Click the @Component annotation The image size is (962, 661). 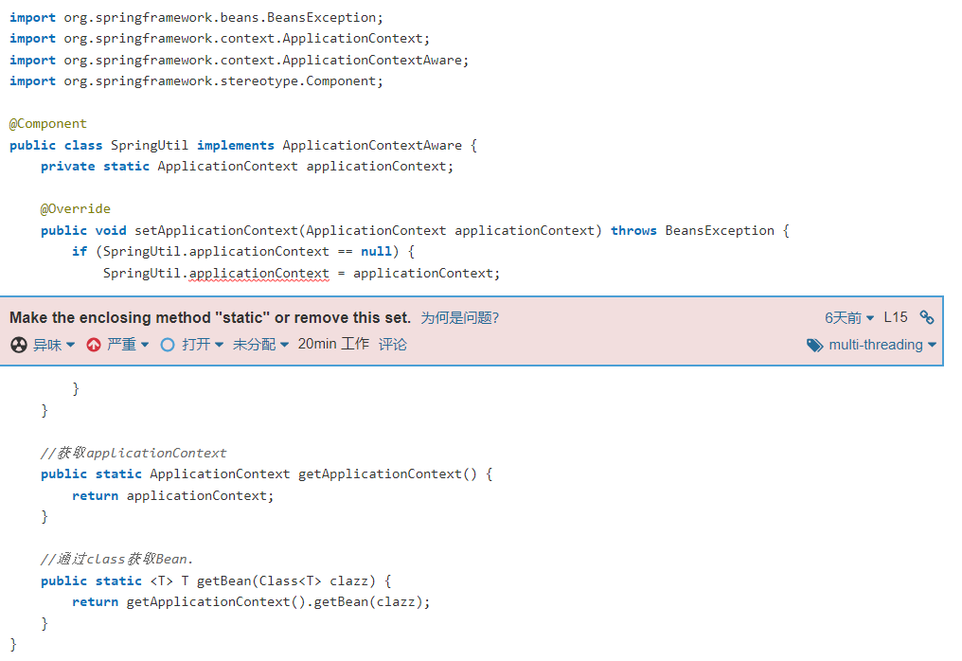click(x=48, y=124)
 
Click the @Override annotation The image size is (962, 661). click(x=76, y=209)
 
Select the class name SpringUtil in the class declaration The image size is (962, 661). click(x=150, y=146)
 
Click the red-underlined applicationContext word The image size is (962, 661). click(x=259, y=274)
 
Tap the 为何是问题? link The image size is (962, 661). click(x=459, y=318)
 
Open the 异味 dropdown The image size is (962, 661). click(x=44, y=345)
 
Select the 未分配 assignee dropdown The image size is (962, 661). click(x=261, y=345)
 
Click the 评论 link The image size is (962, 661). click(x=393, y=345)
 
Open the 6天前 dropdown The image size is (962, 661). click(x=849, y=318)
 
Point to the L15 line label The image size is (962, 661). click(x=896, y=318)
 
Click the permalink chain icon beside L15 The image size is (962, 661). click(x=927, y=318)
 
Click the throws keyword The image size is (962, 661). click(x=633, y=231)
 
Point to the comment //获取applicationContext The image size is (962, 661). click(x=134, y=453)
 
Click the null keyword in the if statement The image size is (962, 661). click(x=376, y=252)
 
